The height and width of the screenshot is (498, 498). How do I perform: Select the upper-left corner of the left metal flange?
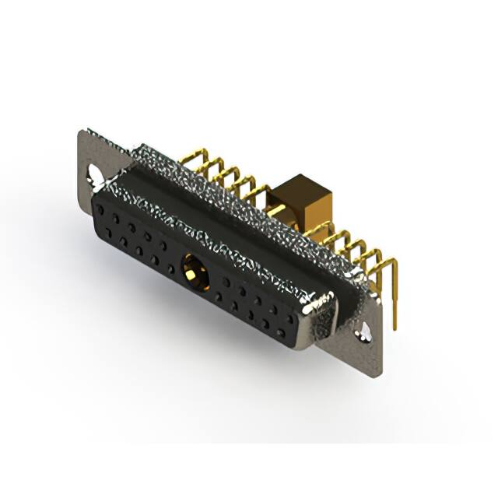(83, 132)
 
